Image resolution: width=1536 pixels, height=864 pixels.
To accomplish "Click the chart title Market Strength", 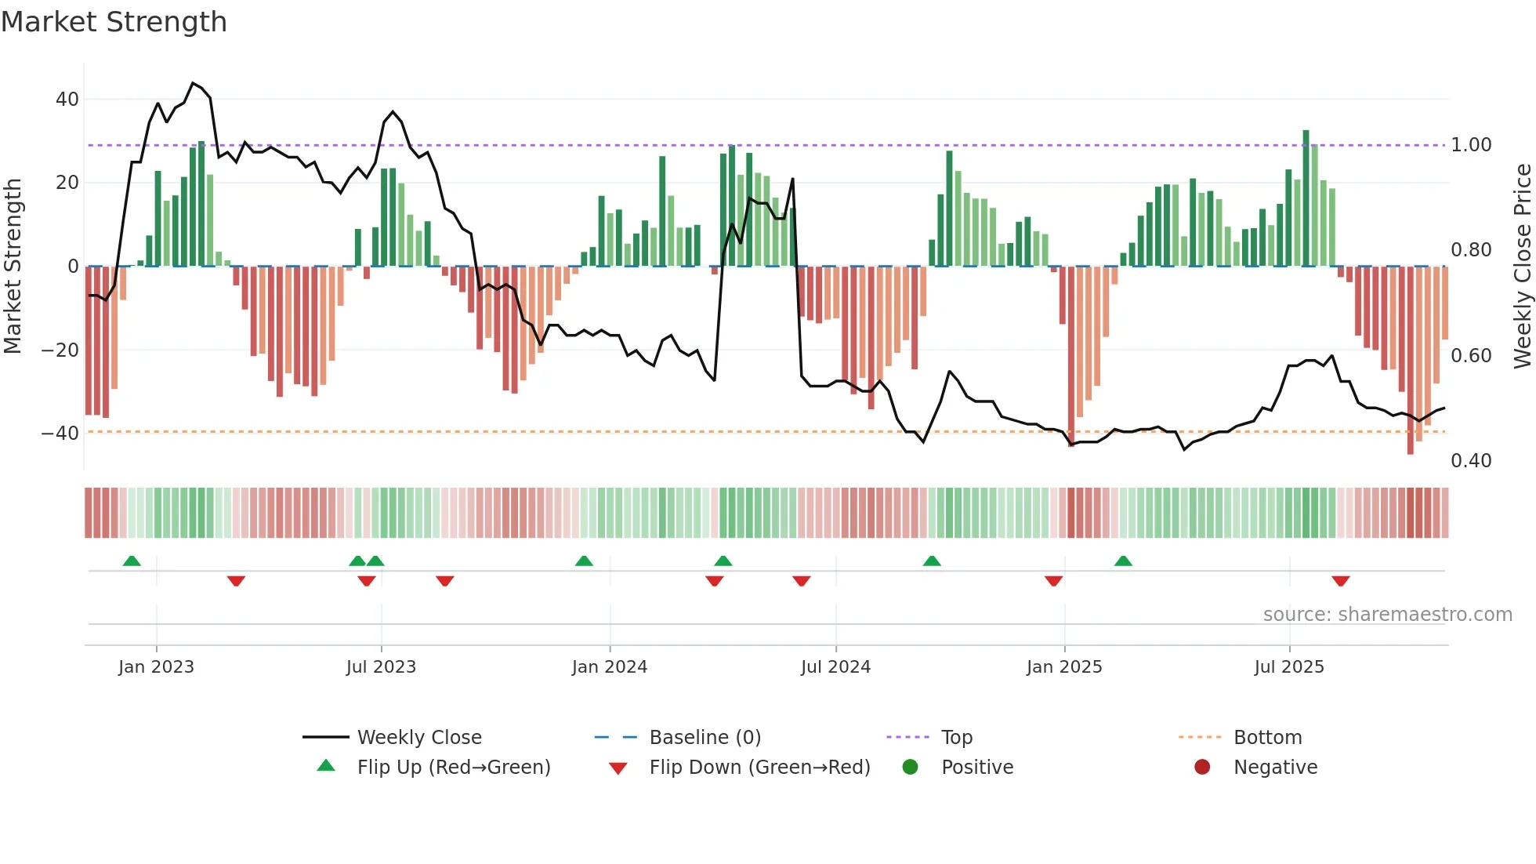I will click(x=114, y=22).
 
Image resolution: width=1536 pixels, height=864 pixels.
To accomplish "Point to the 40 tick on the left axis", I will click(x=67, y=100).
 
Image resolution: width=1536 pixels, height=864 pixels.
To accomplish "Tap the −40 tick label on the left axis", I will click(x=60, y=433).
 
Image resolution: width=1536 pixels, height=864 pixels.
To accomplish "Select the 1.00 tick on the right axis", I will click(x=1471, y=145).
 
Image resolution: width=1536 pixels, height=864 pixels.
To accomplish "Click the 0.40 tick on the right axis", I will click(x=1471, y=461).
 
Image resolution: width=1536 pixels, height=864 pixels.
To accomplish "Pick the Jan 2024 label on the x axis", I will click(x=609, y=667).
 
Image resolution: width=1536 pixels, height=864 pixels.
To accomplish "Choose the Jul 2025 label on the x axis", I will click(x=1288, y=667).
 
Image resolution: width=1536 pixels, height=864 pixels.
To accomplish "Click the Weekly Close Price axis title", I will click(x=1522, y=266).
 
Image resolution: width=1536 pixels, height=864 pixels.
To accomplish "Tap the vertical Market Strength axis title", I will click(x=13, y=266).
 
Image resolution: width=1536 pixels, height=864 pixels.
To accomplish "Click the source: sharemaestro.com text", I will click(x=1387, y=615).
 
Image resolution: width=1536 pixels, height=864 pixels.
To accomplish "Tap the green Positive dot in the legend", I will click(x=910, y=767).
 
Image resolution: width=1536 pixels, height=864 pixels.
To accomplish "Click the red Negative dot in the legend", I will click(x=1202, y=767).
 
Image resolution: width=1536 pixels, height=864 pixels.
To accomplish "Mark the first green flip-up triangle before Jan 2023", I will click(x=132, y=561).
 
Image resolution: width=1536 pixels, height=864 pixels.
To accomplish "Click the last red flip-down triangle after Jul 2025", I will click(x=1340, y=581).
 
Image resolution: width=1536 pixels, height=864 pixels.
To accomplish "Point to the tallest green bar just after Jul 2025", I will click(x=1306, y=198).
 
